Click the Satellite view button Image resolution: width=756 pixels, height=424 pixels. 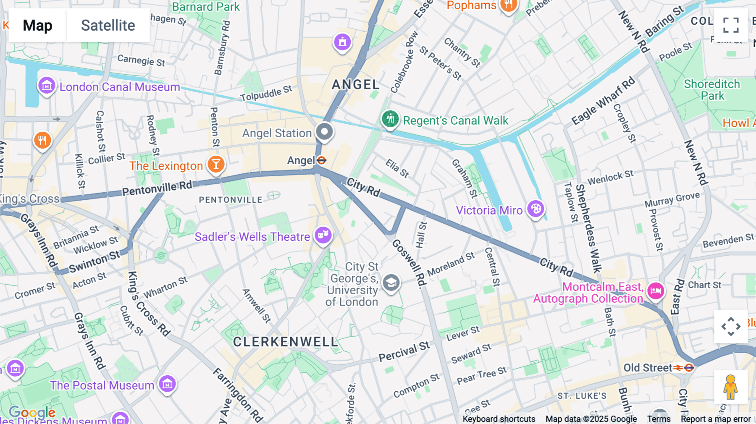[x=108, y=25]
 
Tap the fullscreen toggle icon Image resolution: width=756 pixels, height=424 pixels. [x=731, y=25]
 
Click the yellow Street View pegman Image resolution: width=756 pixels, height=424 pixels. [x=730, y=387]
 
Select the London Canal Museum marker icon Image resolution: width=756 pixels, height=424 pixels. [x=47, y=86]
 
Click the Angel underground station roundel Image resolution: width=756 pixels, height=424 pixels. [x=322, y=160]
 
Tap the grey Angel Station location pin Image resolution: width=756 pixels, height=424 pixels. [x=324, y=132]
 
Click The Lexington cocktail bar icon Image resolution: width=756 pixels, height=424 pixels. [x=216, y=164]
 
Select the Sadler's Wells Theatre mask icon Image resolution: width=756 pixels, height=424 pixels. [x=323, y=235]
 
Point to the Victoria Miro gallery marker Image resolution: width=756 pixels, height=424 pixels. [x=535, y=209]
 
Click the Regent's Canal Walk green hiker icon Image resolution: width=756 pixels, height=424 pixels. [x=390, y=119]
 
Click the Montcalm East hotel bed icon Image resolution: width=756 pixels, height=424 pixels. [x=656, y=291]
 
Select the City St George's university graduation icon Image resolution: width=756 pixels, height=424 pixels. [x=391, y=283]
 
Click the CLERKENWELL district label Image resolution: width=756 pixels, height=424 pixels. [x=286, y=342]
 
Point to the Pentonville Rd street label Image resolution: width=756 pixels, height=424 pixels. [x=157, y=188]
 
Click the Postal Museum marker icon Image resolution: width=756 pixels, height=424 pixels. [x=167, y=384]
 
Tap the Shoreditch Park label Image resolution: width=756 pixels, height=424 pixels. [x=712, y=90]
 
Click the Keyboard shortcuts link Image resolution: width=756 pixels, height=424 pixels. [x=499, y=419]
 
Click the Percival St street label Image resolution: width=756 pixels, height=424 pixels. [x=404, y=352]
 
